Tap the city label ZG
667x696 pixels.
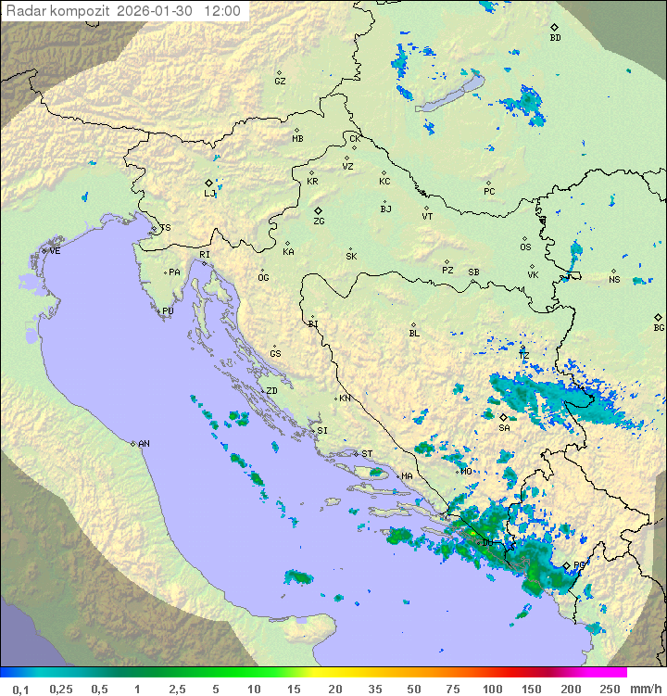319,221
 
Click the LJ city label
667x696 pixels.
209,193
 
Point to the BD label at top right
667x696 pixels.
555,38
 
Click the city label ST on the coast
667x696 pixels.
367,454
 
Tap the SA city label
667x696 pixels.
504,427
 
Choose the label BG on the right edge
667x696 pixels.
659,327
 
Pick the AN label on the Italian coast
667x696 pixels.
144,444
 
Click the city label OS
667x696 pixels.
525,247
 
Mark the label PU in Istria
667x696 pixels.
168,311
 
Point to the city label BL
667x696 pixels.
414,333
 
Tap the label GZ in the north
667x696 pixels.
280,82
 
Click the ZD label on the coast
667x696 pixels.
271,391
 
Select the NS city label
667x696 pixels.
613,280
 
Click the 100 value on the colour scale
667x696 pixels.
492,689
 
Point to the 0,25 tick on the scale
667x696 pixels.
61,689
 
